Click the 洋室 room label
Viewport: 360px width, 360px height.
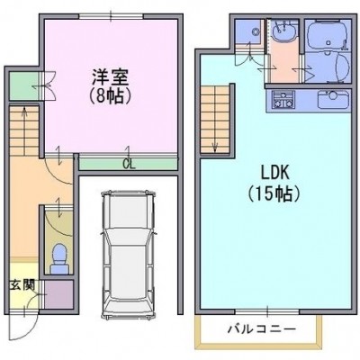[x=110, y=77]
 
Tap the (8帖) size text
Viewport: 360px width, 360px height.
[x=110, y=95]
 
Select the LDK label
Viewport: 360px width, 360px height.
[x=274, y=173]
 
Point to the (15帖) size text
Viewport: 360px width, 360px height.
[x=274, y=194]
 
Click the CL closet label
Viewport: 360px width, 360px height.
[x=130, y=164]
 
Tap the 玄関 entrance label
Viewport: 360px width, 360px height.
[x=22, y=285]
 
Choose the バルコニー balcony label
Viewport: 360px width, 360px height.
[x=262, y=329]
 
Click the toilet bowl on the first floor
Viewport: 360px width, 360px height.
[x=58, y=258]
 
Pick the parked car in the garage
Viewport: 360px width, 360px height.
[x=129, y=255]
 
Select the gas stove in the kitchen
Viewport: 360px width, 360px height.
[x=283, y=100]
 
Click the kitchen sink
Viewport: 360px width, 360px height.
[x=333, y=100]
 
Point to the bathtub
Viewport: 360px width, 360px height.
[x=328, y=36]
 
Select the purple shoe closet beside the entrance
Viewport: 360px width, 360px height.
[x=59, y=294]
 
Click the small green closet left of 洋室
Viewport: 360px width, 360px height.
[x=24, y=86]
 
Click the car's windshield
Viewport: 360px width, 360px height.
[x=129, y=237]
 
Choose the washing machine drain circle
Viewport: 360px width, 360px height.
[x=256, y=31]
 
